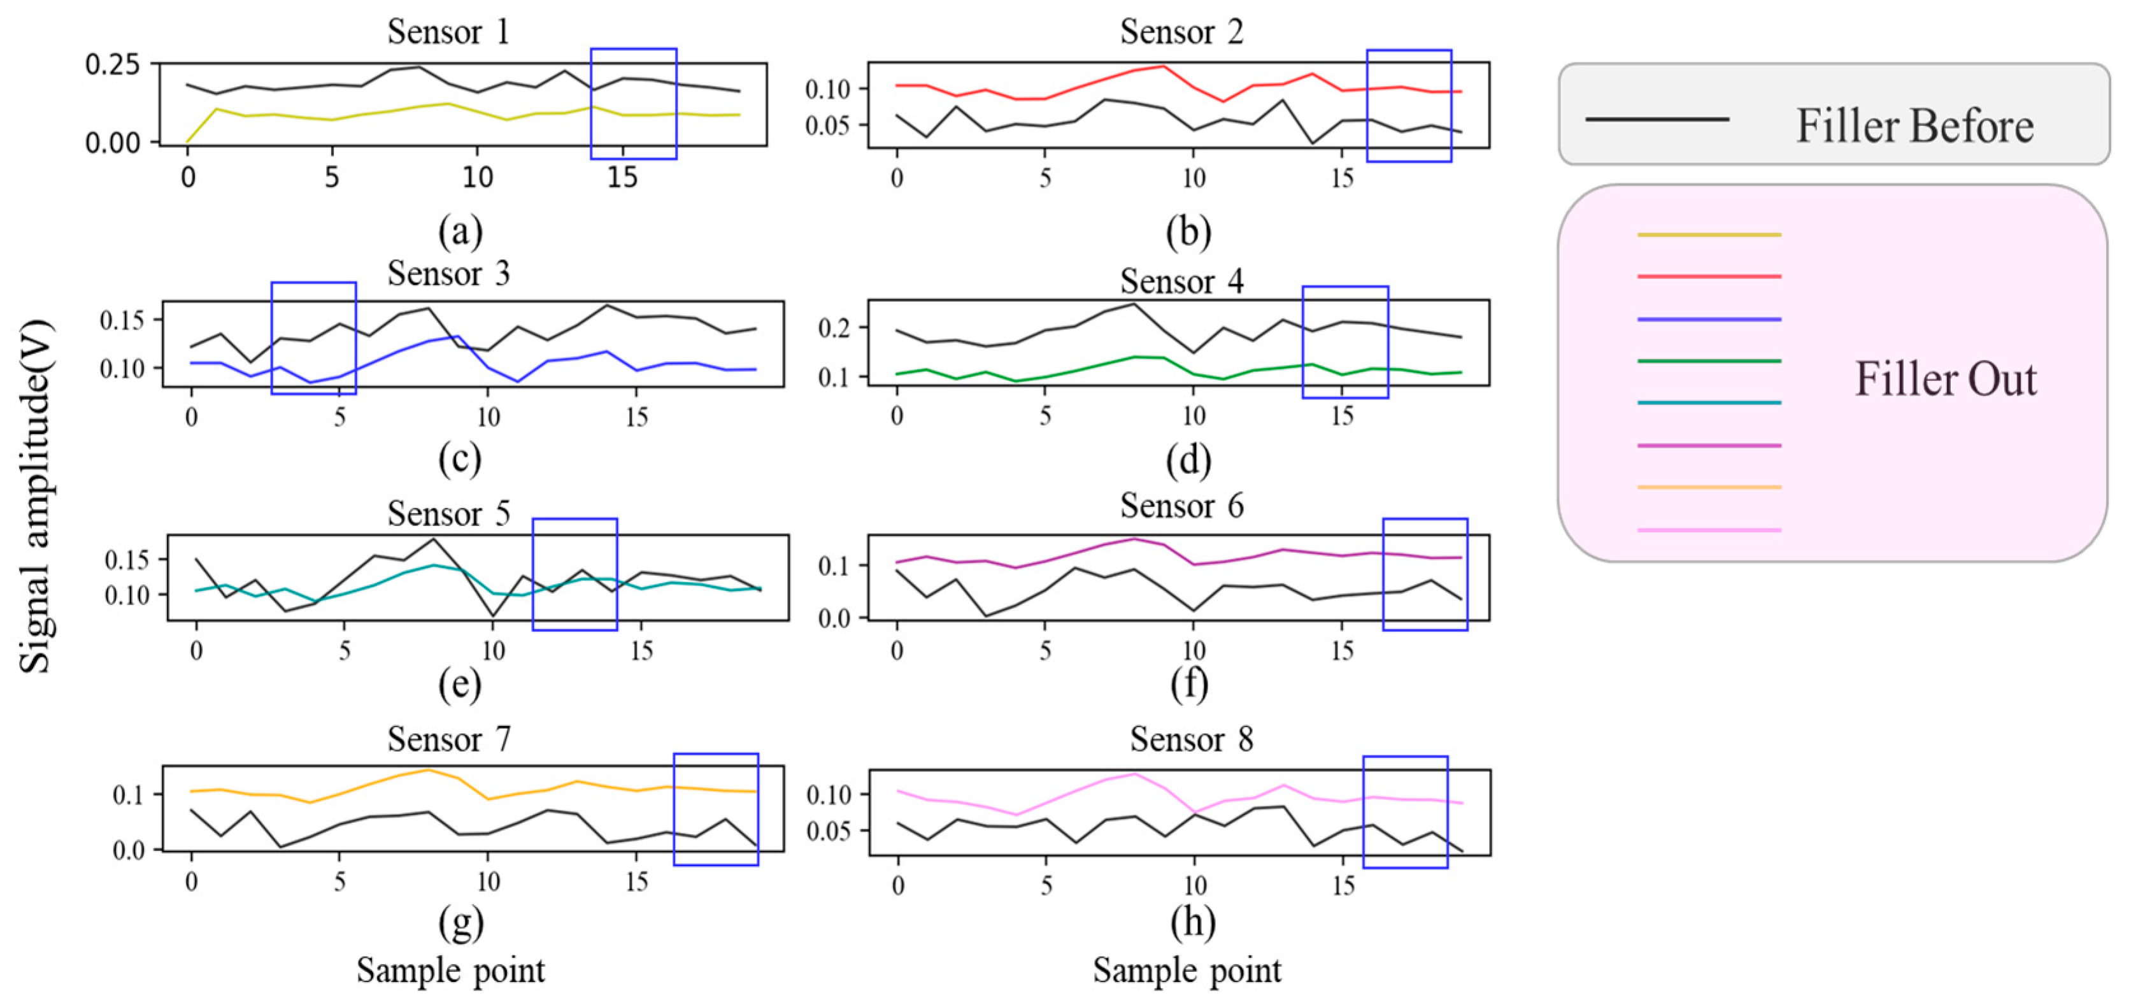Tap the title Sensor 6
[1181, 506]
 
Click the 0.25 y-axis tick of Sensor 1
[113, 64]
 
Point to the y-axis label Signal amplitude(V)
[36, 496]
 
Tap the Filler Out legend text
[1946, 379]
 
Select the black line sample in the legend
[1657, 120]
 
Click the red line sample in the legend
[1709, 276]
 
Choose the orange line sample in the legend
[1709, 487]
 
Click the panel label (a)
[460, 231]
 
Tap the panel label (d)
[1189, 460]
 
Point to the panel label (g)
[460, 922]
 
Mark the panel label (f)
[1189, 683]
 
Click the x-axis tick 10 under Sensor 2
[1193, 178]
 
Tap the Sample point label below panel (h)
[1187, 970]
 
